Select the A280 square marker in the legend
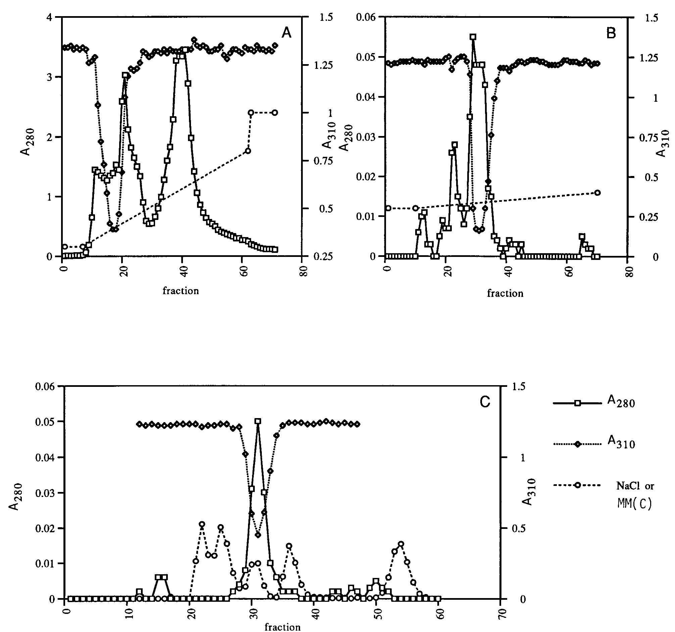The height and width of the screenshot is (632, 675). [x=578, y=403]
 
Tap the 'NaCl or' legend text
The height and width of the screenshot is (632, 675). [x=635, y=486]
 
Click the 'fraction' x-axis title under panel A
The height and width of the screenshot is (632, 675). [x=181, y=291]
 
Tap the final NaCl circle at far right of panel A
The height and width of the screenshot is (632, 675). [x=275, y=112]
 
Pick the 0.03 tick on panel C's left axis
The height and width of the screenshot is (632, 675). [x=47, y=493]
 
